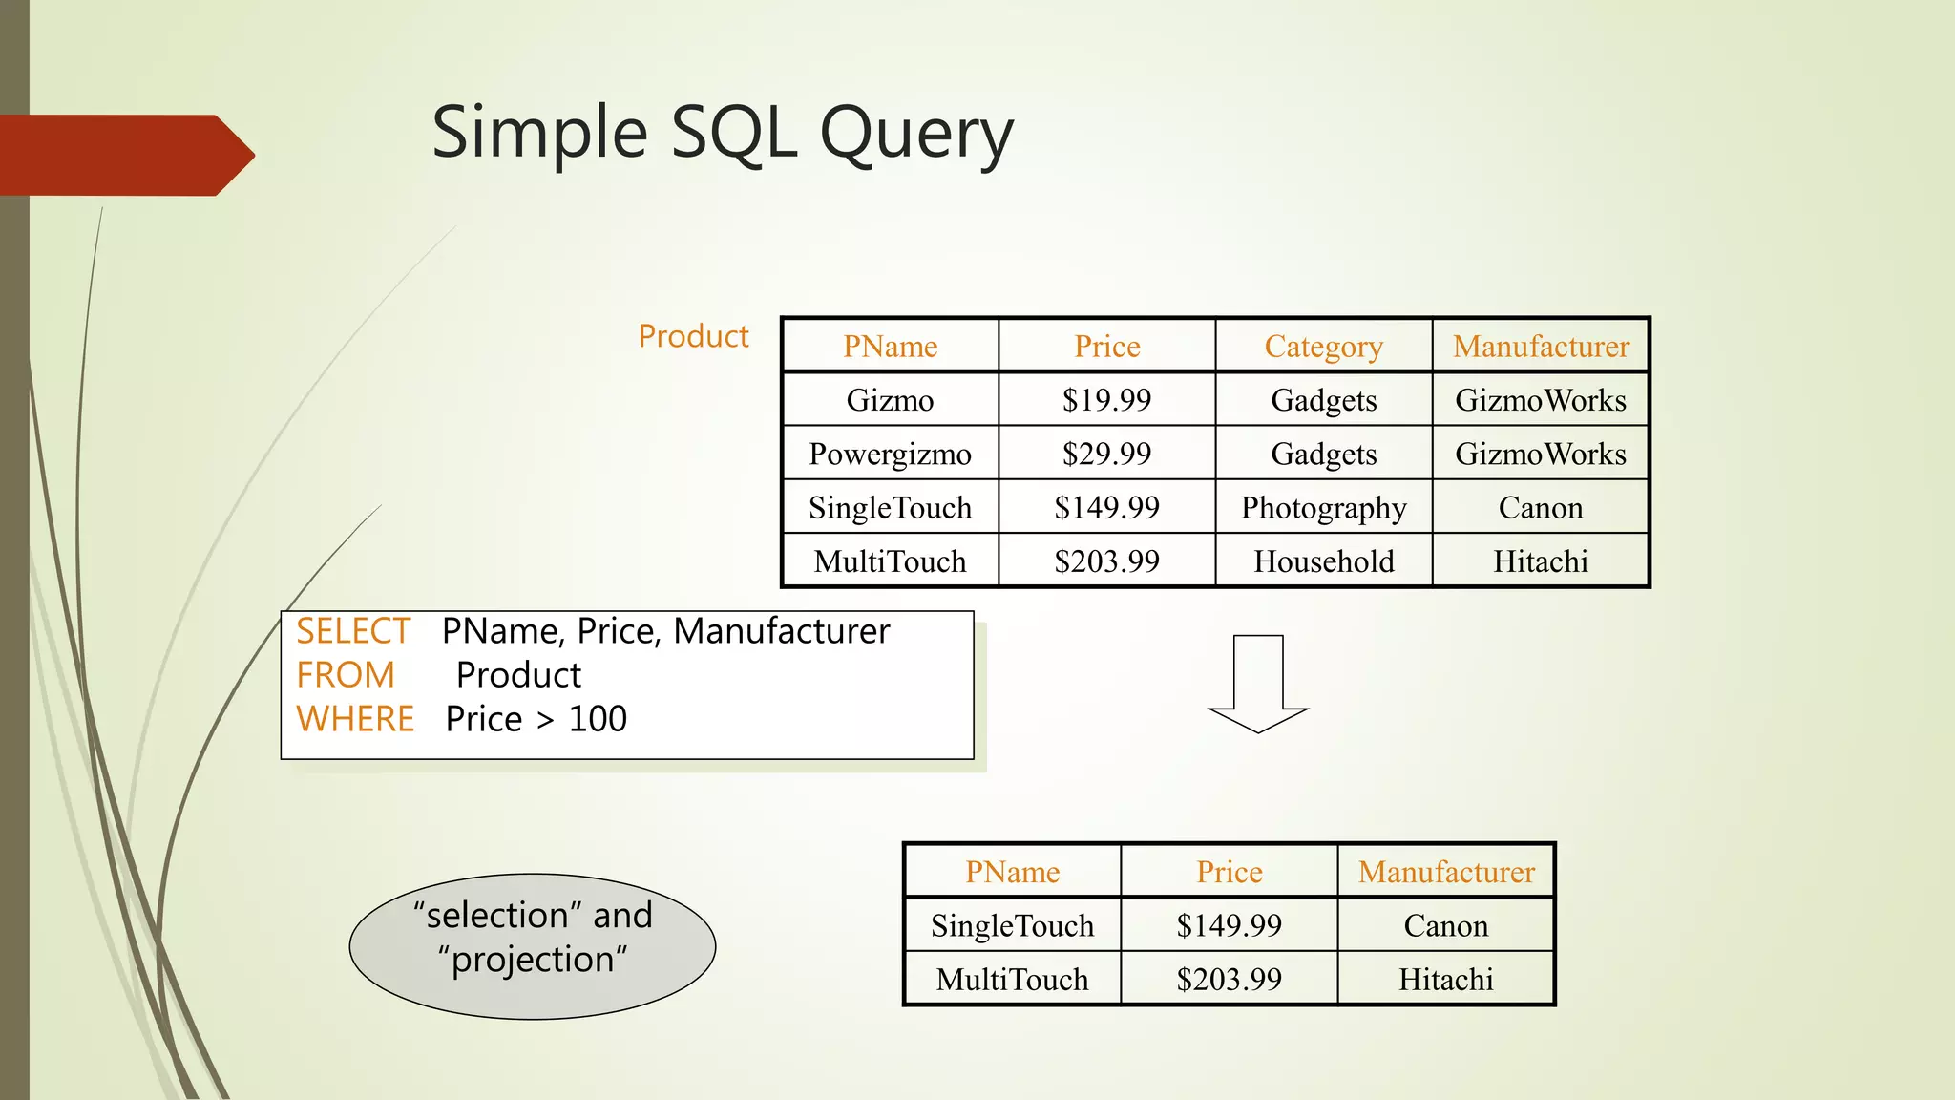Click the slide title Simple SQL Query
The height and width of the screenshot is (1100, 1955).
(722, 134)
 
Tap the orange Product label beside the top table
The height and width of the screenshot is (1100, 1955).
(693, 336)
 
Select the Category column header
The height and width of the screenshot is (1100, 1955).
(1323, 346)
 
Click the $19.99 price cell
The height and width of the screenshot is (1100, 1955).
(1106, 399)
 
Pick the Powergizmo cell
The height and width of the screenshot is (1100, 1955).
(890, 454)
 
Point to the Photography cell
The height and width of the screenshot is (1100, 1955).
(1323, 507)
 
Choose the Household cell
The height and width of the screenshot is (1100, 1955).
(1323, 561)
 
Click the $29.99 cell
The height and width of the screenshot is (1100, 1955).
(1106, 454)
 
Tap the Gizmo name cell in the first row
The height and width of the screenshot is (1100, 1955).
(890, 399)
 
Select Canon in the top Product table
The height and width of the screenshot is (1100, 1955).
(1540, 507)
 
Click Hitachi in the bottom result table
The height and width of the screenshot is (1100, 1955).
(1445, 979)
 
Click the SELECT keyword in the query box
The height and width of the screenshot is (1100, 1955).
(352, 631)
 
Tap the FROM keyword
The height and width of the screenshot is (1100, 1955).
(345, 675)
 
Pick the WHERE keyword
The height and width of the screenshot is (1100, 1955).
(355, 719)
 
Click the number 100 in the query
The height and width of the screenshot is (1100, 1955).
(598, 719)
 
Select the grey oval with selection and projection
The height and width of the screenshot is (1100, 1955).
(533, 946)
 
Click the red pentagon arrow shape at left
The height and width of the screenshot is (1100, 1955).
(124, 156)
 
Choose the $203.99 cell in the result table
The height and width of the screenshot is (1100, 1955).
(1229, 979)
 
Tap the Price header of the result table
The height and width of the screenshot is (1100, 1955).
(1229, 872)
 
